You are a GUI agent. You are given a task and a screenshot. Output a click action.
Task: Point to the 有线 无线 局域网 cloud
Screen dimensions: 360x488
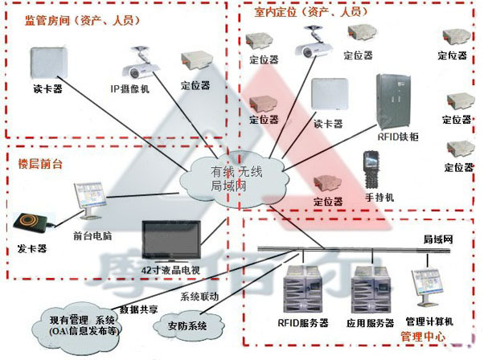click(x=236, y=178)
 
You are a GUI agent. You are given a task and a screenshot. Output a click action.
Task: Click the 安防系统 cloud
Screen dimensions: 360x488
click(x=187, y=326)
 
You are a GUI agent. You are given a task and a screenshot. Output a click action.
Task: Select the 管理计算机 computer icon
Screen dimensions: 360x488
click(x=426, y=285)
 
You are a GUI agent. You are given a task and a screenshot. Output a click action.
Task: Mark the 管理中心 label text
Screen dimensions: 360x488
click(x=426, y=337)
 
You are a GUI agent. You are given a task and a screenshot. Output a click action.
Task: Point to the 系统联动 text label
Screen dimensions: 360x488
click(x=199, y=297)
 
